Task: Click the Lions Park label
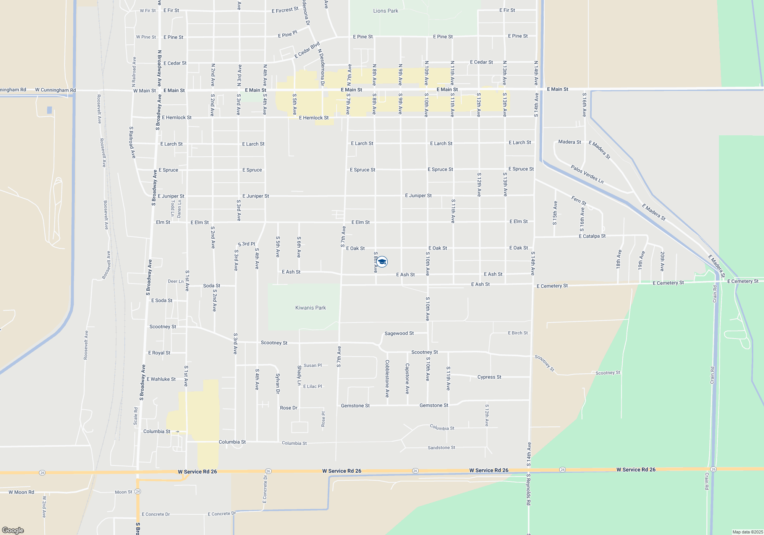385,11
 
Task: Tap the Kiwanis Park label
311,308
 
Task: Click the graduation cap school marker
382,261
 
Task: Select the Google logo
13,530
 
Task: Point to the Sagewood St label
399,333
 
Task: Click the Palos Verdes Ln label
587,174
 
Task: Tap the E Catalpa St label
592,236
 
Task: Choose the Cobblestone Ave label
387,378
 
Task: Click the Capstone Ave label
407,378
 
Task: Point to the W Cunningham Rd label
55,90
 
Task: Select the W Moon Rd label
21,492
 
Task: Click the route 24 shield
138,491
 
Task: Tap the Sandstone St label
441,447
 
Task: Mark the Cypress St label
489,377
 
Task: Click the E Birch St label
518,333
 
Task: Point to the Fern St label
579,200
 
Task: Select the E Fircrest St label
285,10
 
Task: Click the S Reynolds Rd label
528,490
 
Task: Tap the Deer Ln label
176,281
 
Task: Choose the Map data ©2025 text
747,532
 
